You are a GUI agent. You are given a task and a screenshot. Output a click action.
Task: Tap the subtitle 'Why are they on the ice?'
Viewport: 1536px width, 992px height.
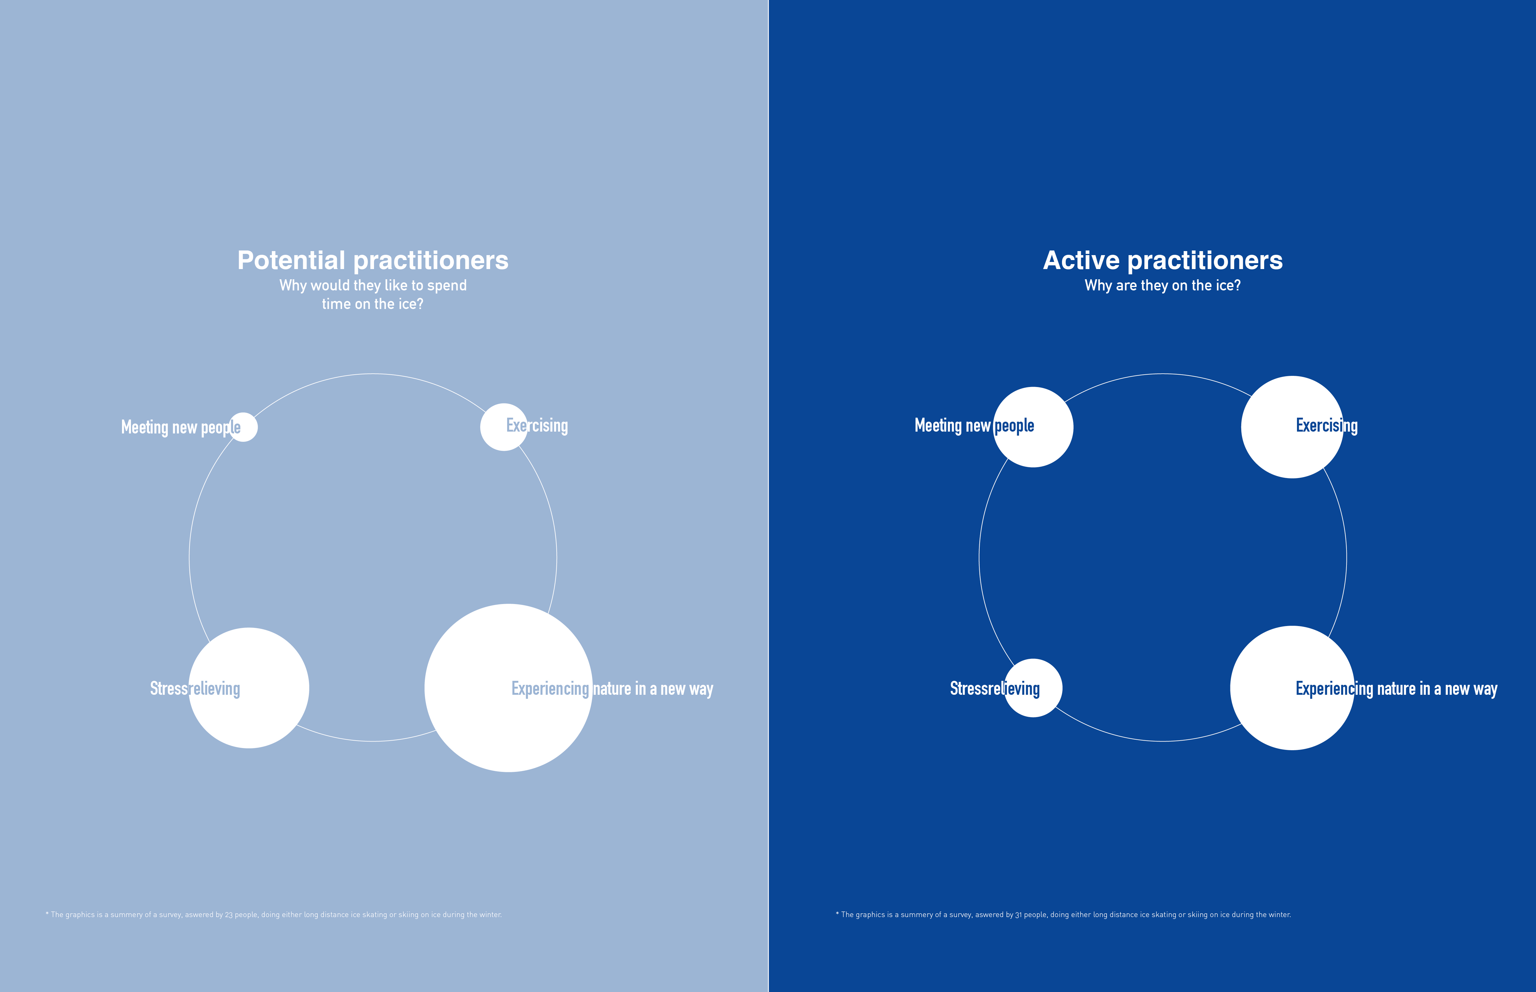[x=1163, y=285]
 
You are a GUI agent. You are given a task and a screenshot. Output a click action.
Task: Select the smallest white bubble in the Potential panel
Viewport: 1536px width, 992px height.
[x=243, y=427]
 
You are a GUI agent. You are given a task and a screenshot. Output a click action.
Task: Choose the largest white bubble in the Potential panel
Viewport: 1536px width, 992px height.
[x=509, y=688]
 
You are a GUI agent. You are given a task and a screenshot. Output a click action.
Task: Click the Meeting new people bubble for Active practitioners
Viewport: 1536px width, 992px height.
[x=1033, y=427]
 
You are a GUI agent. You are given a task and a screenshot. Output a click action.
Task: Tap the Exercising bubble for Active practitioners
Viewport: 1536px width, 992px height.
[x=1293, y=427]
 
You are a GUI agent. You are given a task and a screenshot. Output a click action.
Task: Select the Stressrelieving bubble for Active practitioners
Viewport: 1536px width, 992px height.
[x=1033, y=688]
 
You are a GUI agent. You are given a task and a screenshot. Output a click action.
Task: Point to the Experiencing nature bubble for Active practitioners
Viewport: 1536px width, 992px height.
[x=1293, y=688]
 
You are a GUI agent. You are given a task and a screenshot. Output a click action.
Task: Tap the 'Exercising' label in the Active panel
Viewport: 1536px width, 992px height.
[x=1327, y=426]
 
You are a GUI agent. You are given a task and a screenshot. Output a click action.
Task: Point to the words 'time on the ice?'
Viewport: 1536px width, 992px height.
[x=373, y=304]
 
